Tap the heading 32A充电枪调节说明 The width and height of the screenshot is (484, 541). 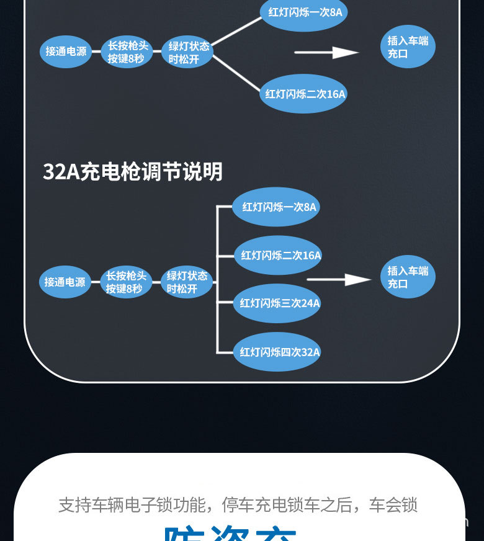pyautogui.click(x=132, y=172)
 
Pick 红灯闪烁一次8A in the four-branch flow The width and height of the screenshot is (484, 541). pyautogui.click(x=277, y=207)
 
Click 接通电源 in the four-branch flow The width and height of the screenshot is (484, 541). pyautogui.click(x=65, y=282)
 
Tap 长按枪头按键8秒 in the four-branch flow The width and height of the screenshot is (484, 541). pyautogui.click(x=126, y=282)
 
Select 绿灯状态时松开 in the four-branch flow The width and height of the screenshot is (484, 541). pyautogui.click(x=187, y=282)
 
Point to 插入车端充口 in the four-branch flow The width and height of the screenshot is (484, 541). pyautogui.click(x=408, y=277)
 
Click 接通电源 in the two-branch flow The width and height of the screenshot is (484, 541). pyautogui.click(x=66, y=51)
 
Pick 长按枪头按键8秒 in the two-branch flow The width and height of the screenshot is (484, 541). pyautogui.click(x=127, y=51)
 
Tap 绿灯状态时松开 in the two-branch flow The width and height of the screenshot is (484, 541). pyautogui.click(x=187, y=51)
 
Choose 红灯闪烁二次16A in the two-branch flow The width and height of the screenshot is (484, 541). pyautogui.click(x=303, y=94)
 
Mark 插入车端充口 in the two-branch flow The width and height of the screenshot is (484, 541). pyautogui.click(x=408, y=47)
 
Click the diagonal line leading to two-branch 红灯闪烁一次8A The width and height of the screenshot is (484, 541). pyautogui.click(x=237, y=31)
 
